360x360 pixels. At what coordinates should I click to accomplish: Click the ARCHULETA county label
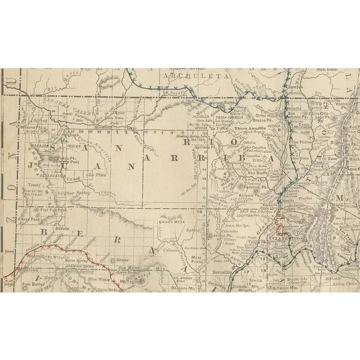[x=195, y=75]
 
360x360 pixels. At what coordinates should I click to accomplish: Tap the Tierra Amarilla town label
[x=253, y=128]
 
